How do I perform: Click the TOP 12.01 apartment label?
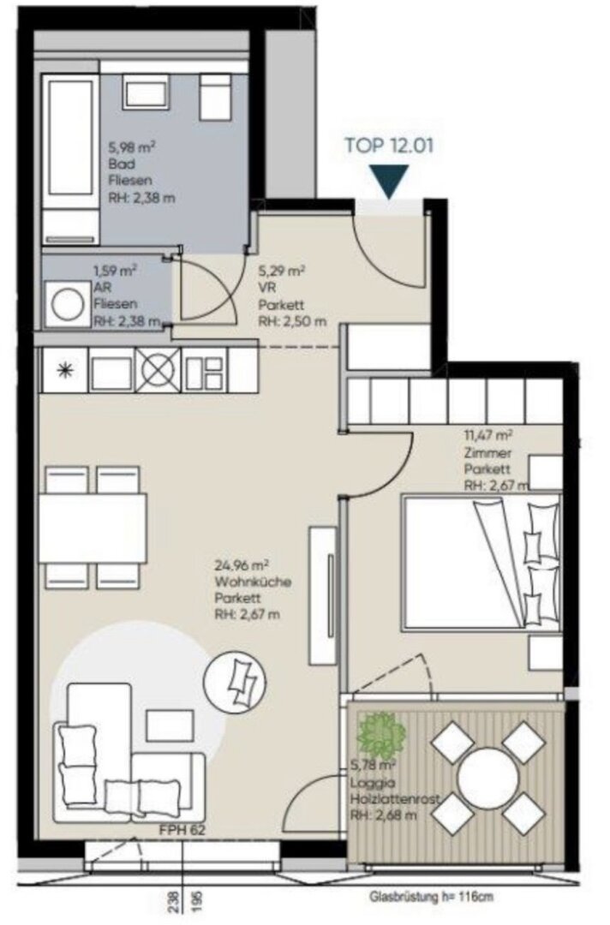pos(389,145)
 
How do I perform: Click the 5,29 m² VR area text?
pos(281,272)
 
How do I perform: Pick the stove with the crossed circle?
pos(158,370)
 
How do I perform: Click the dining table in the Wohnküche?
pos(93,528)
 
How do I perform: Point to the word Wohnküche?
pos(253,582)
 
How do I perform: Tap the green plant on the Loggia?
pos(381,737)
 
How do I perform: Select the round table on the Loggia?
pos(487,775)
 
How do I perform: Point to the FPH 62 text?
pos(182,831)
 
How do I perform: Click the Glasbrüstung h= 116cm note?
pos(431,898)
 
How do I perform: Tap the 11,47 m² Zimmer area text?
pos(487,436)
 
